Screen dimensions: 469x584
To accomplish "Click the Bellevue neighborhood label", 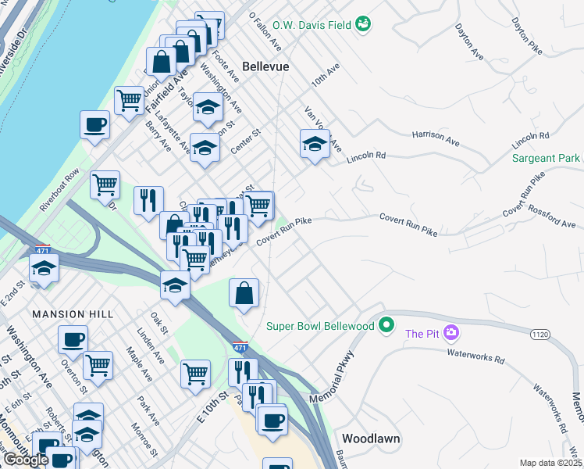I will pyautogui.click(x=265, y=66).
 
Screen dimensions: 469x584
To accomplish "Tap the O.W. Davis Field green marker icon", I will pyautogui.click(x=362, y=25).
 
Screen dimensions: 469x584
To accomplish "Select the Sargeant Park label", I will pyautogui.click(x=546, y=158).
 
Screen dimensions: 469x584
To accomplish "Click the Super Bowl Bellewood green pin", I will pyautogui.click(x=385, y=324).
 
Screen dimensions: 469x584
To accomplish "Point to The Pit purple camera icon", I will pyautogui.click(x=450, y=334).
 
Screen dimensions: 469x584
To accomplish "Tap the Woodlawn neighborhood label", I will pyautogui.click(x=371, y=439).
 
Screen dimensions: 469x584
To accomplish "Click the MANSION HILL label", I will pyautogui.click(x=73, y=314).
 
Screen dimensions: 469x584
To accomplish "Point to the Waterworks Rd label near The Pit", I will pyautogui.click(x=475, y=353).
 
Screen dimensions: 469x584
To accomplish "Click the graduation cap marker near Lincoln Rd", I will pyautogui.click(x=314, y=144).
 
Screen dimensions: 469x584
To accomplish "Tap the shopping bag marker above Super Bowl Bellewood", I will pyautogui.click(x=244, y=294).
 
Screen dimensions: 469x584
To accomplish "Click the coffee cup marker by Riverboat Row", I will pyautogui.click(x=95, y=124).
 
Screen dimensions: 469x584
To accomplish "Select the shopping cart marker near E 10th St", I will pyautogui.click(x=195, y=373).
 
